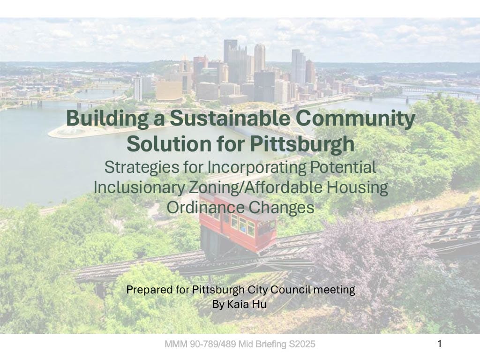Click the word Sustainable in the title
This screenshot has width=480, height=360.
(x=230, y=118)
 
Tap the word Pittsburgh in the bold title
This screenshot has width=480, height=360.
(x=302, y=144)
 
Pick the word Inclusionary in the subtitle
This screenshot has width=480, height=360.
(x=139, y=187)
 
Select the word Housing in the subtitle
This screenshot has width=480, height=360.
(x=357, y=187)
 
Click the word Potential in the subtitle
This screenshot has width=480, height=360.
(x=343, y=167)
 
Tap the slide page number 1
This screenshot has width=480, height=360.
(x=440, y=344)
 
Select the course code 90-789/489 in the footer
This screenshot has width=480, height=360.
(x=213, y=344)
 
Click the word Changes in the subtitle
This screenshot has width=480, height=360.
(x=281, y=208)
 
